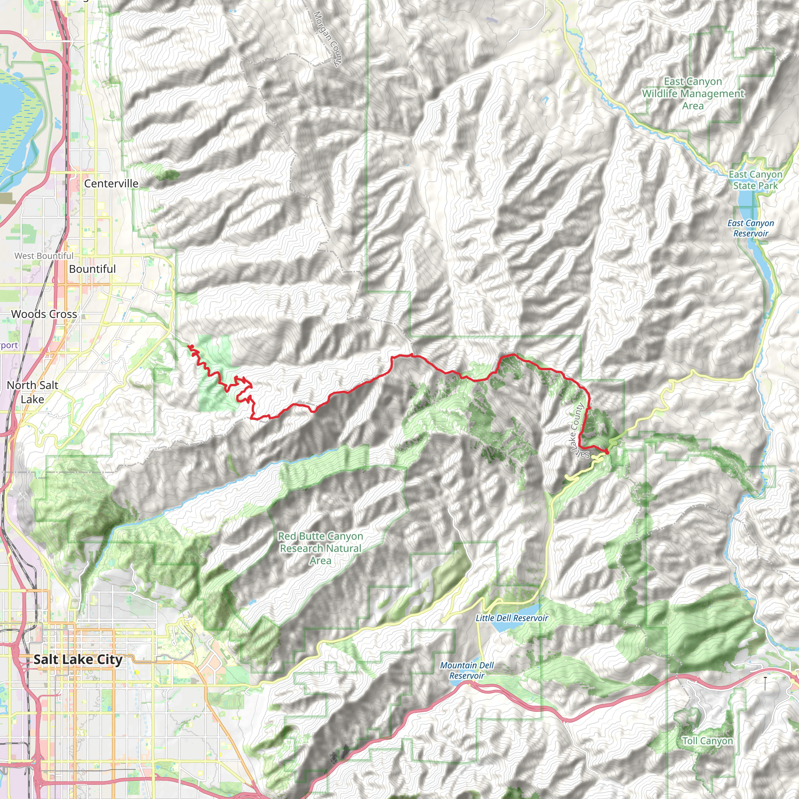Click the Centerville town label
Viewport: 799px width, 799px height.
tap(111, 183)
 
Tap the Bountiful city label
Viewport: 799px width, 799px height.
tap(92, 269)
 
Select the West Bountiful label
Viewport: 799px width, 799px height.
tap(44, 256)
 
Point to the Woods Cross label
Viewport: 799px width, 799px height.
tap(44, 314)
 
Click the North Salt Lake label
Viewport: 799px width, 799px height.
tap(32, 392)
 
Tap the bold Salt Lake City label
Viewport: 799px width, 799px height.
tap(78, 659)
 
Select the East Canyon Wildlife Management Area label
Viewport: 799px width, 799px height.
tap(693, 94)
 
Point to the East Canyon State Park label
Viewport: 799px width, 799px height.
tap(755, 180)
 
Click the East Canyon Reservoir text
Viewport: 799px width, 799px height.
tap(751, 228)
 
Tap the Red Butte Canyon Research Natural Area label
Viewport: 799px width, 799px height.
tap(321, 548)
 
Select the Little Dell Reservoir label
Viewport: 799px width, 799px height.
tap(511, 618)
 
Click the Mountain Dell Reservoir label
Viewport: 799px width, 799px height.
tap(467, 670)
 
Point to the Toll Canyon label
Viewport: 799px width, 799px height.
tap(708, 741)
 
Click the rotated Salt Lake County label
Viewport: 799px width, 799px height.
tap(579, 430)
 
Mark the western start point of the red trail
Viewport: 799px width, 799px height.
tap(190, 346)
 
